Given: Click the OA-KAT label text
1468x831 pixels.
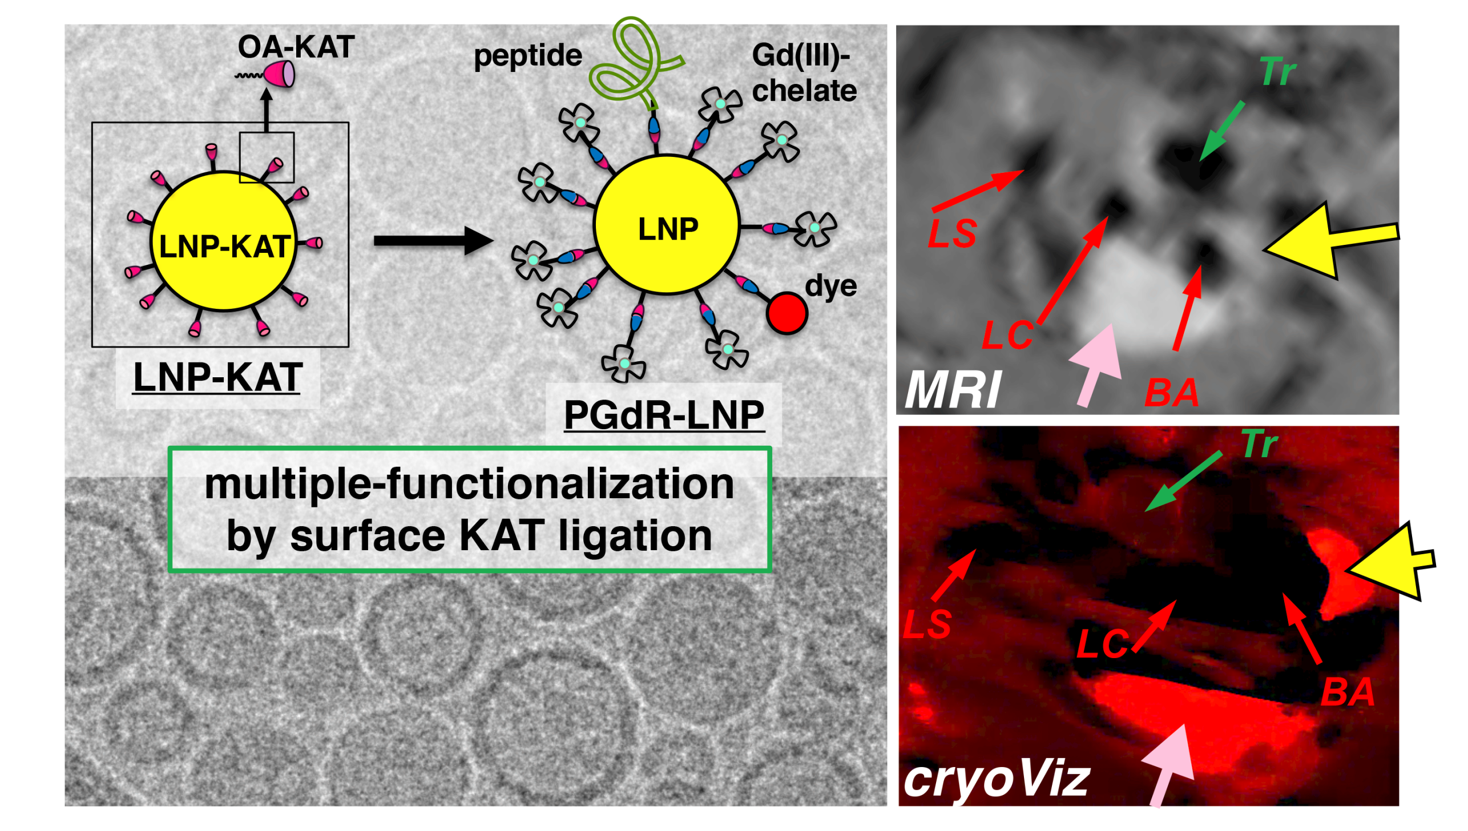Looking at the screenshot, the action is (296, 46).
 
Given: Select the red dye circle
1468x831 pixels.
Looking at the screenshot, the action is (787, 313).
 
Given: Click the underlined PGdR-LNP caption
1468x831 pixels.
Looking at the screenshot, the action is (664, 415).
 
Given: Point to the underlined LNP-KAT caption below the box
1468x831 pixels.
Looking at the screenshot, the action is (217, 377).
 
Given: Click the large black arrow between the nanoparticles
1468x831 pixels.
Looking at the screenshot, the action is (433, 240).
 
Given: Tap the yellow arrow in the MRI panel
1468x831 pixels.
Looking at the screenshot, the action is (1330, 241).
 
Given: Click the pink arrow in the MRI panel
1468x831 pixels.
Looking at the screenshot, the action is (1096, 364).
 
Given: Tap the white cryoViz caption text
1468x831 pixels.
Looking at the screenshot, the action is (997, 780).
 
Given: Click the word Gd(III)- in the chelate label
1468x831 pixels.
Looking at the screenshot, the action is (801, 56).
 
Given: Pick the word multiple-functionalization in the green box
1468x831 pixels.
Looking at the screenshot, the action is (469, 484).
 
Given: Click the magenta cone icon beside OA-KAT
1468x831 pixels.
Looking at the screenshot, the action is (280, 74).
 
